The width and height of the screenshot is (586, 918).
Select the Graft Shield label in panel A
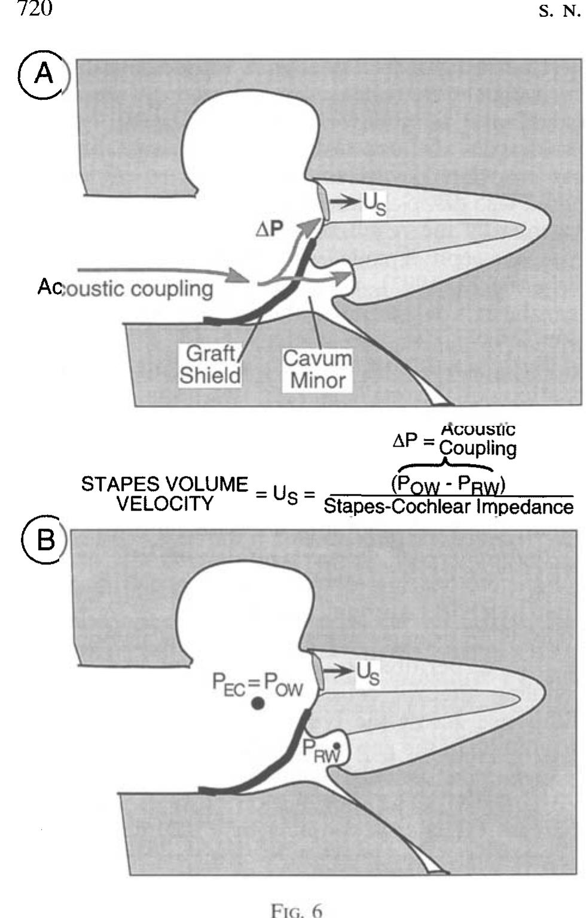click(x=210, y=364)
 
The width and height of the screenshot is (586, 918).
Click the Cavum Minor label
click(x=318, y=369)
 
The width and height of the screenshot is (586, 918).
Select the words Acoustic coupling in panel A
click(x=126, y=288)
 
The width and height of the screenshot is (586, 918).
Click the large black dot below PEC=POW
click(x=258, y=704)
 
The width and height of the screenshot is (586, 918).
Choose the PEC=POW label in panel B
click(x=258, y=683)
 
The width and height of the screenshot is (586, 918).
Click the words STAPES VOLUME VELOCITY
click(x=164, y=493)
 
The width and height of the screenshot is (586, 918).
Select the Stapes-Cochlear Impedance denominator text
click(x=448, y=507)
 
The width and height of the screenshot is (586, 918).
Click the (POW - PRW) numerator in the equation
click(x=448, y=484)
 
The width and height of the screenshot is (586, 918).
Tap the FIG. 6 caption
click(x=297, y=910)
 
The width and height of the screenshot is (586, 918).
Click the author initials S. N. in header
click(x=560, y=12)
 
